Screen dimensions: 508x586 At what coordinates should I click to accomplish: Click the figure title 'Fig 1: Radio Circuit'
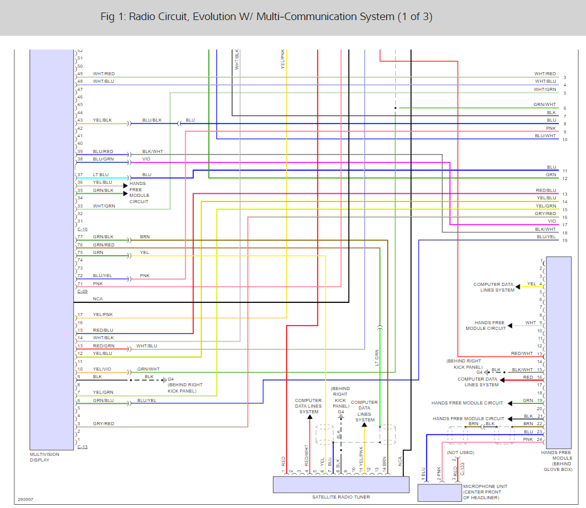point(266,17)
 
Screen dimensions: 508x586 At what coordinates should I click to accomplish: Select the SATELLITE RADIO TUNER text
point(341,497)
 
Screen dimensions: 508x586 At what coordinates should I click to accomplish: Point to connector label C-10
point(82,230)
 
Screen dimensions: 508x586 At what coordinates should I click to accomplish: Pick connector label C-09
point(82,292)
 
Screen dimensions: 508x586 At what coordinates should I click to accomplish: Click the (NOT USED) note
point(461,452)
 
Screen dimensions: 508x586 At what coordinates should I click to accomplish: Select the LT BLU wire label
point(100,174)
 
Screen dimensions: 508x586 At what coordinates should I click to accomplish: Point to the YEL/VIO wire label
point(102,369)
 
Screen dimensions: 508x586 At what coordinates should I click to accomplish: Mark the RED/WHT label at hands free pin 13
point(521,354)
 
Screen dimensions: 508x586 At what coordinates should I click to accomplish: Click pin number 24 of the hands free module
point(539,440)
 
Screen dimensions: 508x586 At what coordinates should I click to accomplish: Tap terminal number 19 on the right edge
point(565,241)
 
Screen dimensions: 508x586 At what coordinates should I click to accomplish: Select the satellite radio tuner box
point(341,484)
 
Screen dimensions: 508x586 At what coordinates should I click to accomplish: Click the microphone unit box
point(439,493)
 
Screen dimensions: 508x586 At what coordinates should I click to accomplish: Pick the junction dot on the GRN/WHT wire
point(395,108)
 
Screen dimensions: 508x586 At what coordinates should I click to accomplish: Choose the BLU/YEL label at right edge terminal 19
point(546,237)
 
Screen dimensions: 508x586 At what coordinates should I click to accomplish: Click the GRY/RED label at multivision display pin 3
point(104,424)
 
